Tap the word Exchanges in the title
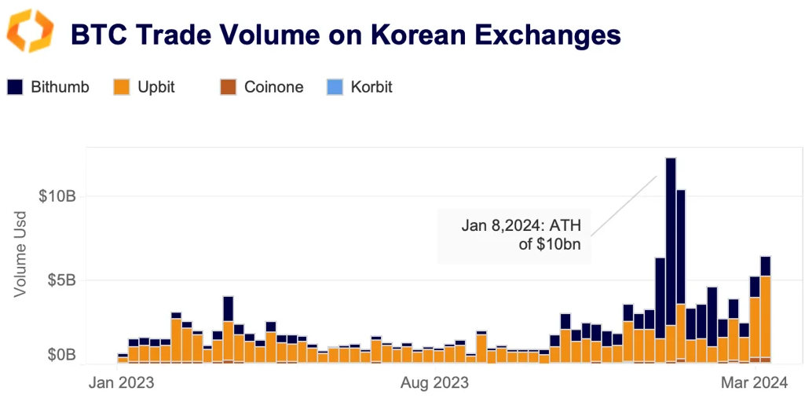tap(540, 35)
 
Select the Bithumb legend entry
tap(49, 87)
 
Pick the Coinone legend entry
tap(262, 87)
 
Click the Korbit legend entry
tap(360, 87)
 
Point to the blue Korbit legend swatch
tap(335, 87)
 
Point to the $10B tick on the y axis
tap(58, 196)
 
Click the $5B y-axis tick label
tap(61, 280)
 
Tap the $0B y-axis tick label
tap(61, 355)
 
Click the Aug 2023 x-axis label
tap(434, 383)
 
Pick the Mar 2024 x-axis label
tap(753, 383)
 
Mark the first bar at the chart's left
tap(123, 359)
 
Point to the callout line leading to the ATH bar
tap(624, 204)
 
